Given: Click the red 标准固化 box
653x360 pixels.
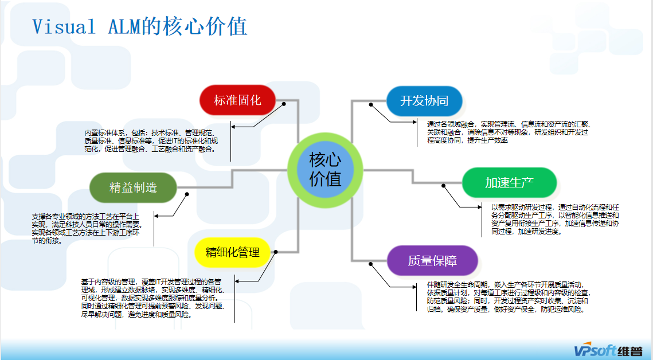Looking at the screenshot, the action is pos(237,100).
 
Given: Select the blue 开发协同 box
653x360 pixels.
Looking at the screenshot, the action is pos(424,101).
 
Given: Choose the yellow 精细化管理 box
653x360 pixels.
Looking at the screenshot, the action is pos(232,252).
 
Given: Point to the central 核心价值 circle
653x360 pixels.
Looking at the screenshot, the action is pos(325,169).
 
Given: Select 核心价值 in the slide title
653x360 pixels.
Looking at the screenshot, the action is pos(212,26).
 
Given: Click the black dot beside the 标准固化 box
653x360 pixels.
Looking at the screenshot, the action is pos(284,104).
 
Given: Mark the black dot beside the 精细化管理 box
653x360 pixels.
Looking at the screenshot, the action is pos(276,251).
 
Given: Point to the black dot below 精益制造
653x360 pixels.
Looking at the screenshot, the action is pos(187,194).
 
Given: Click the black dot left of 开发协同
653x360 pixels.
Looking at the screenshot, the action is pos(372,104).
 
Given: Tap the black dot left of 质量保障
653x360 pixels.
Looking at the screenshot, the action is pos(372,264).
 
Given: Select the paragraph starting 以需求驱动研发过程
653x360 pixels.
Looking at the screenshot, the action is pos(554,219).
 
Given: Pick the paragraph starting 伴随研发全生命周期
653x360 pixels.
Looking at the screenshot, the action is pos(507,296).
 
